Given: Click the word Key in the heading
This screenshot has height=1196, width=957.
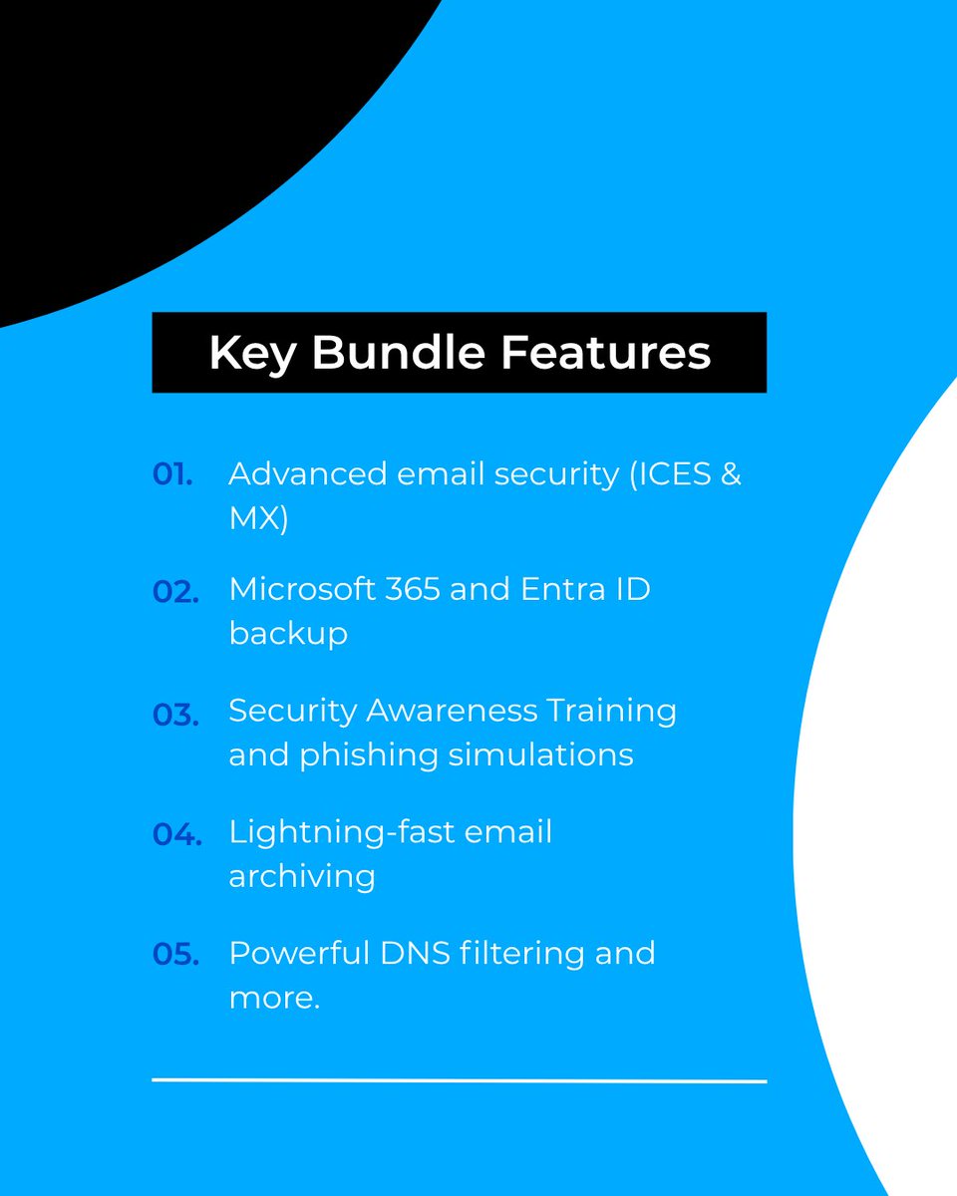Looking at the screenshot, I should (250, 353).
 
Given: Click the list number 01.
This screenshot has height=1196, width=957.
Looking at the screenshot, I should (172, 474).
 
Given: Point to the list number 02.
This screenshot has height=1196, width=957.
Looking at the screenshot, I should (175, 591).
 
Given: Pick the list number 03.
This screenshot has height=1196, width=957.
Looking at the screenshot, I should (175, 714).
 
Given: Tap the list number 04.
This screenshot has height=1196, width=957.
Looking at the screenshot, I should (176, 834).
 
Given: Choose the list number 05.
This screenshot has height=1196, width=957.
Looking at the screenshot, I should (175, 954).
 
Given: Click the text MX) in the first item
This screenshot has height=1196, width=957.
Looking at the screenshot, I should (258, 519).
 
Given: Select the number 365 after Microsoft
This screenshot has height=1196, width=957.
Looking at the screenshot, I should (410, 589).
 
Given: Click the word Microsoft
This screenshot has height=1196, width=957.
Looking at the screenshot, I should (300, 589).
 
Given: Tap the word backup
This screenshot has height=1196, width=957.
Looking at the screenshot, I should (288, 634).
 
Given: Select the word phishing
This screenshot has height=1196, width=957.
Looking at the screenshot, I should (366, 755).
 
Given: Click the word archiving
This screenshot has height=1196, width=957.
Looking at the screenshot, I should (302, 877).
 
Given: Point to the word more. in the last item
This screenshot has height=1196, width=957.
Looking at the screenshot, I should (274, 998).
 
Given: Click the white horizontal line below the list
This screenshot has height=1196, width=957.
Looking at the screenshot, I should (459, 1080).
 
